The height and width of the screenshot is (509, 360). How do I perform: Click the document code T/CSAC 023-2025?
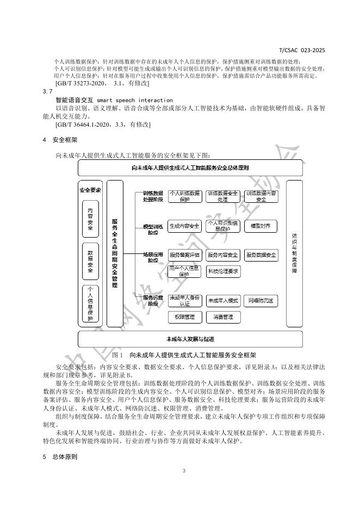(302, 50)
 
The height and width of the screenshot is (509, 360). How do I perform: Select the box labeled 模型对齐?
(261, 225)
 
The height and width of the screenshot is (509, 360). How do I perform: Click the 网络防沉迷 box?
(261, 301)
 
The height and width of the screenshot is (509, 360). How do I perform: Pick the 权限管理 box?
(185, 316)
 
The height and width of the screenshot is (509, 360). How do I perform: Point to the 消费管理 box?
(223, 316)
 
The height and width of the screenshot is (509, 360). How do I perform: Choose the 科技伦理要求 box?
(223, 271)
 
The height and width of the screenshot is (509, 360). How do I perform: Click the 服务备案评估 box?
(185, 254)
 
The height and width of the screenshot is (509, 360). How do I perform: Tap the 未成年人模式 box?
(223, 301)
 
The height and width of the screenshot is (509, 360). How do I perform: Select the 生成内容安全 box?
(185, 225)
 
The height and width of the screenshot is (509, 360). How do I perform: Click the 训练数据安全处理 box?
(223, 196)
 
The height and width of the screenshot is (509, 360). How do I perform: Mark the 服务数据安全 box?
(261, 254)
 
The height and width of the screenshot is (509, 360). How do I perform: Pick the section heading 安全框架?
(64, 140)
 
